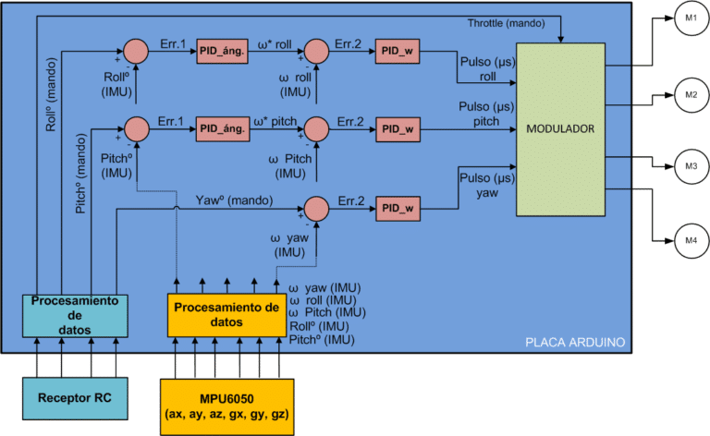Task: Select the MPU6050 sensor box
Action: [x=226, y=403]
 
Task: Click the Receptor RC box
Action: [x=74, y=399]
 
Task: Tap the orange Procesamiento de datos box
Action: [x=226, y=315]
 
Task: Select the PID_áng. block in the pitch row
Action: [x=223, y=128]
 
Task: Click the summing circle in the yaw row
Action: [x=317, y=209]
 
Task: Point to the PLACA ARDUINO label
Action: [x=574, y=342]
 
